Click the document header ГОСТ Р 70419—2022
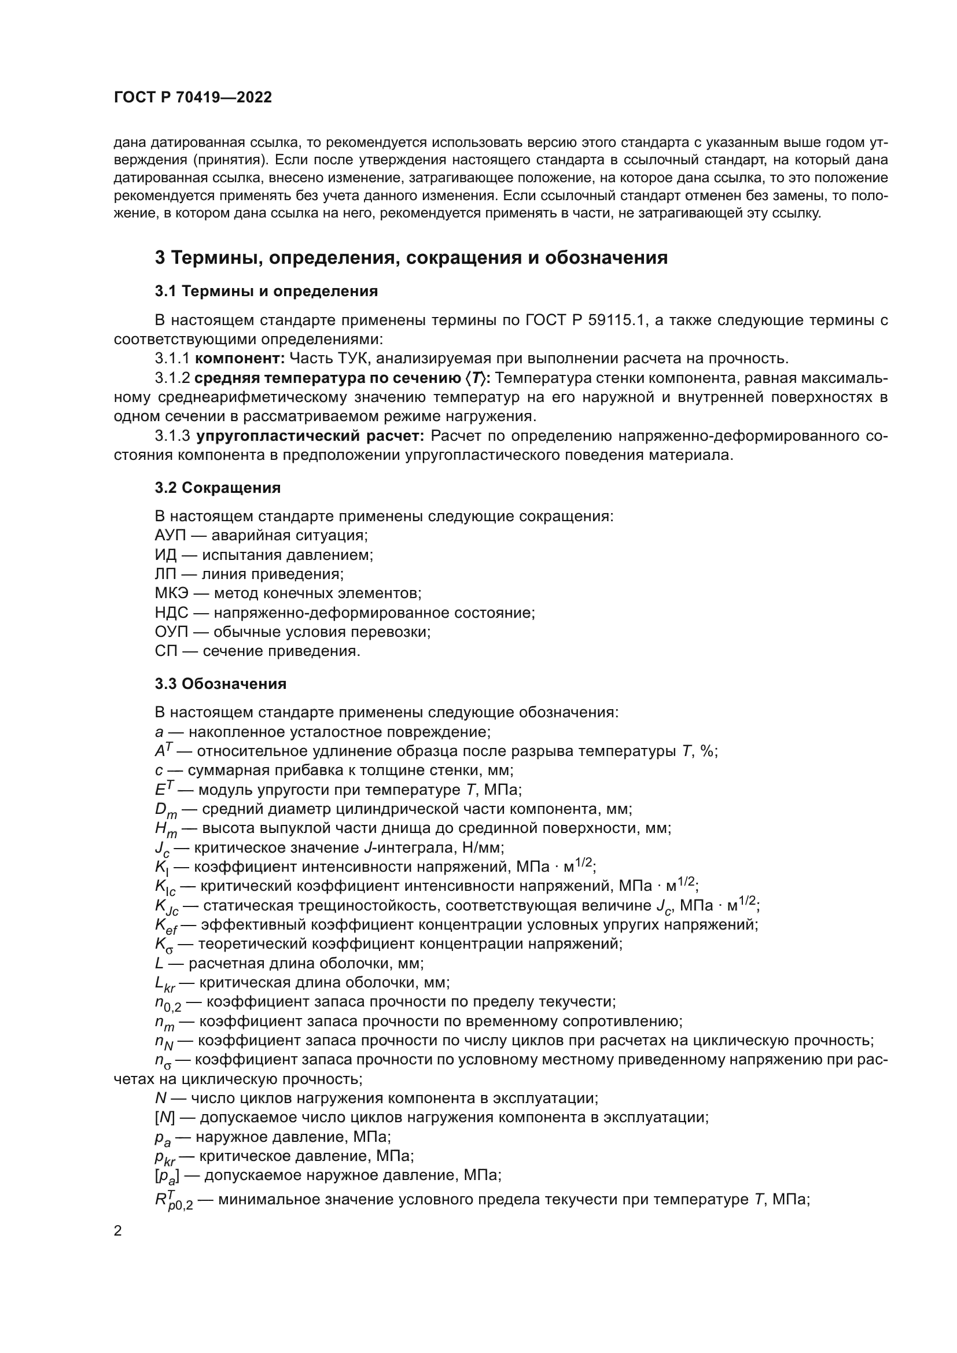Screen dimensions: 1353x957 (x=193, y=98)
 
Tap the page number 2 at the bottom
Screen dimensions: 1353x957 (x=118, y=1231)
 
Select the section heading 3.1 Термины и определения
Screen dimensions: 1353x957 (x=266, y=291)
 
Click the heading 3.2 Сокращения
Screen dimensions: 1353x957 (x=218, y=488)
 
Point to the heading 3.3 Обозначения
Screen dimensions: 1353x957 (x=220, y=684)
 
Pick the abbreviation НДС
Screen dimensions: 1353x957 (x=171, y=613)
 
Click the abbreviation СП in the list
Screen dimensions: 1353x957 (x=165, y=651)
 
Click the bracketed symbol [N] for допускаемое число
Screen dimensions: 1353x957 (x=164, y=1118)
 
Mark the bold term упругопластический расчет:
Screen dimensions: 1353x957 (x=310, y=437)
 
